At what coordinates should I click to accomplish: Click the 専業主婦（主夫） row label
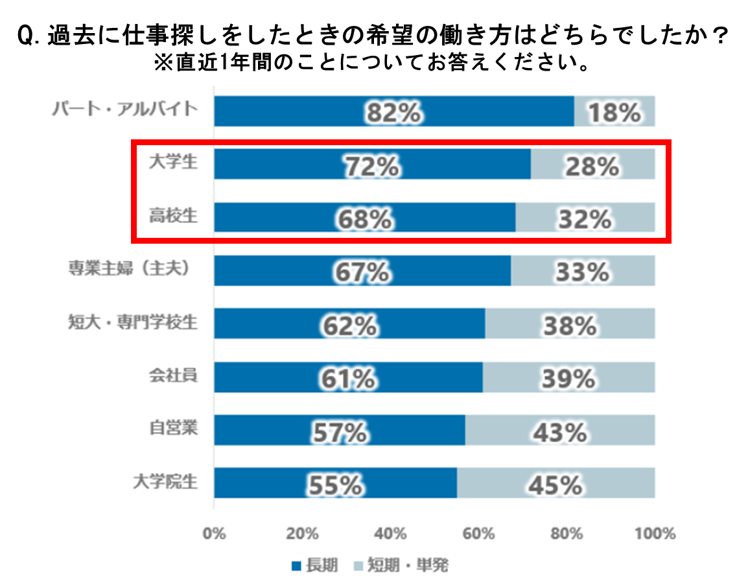(x=132, y=270)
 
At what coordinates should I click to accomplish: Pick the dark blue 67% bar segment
(x=362, y=271)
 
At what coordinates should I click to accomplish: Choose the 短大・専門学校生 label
(x=132, y=322)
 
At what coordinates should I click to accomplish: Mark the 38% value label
(x=570, y=324)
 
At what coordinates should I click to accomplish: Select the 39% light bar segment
(x=568, y=377)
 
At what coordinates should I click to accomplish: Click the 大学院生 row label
(x=165, y=482)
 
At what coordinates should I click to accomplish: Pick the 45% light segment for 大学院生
(x=555, y=483)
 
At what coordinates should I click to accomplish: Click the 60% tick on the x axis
(x=479, y=534)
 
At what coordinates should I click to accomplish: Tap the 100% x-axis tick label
(x=655, y=534)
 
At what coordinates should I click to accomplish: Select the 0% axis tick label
(x=214, y=534)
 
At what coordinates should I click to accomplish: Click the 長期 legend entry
(x=315, y=566)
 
